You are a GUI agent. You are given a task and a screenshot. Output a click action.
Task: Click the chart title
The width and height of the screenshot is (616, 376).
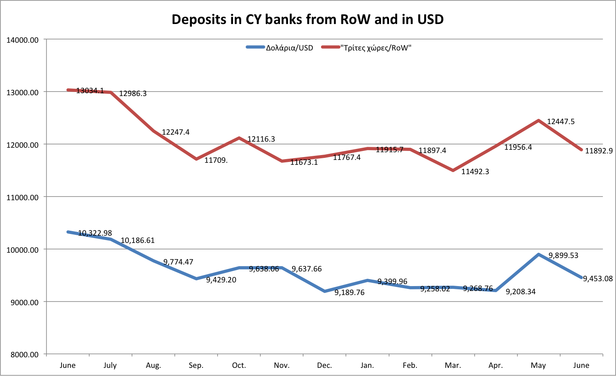[x=308, y=19]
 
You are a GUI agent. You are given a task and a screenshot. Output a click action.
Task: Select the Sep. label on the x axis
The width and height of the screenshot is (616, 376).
[x=196, y=365]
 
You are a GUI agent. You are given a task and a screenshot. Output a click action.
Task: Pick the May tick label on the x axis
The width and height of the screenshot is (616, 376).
[x=538, y=365]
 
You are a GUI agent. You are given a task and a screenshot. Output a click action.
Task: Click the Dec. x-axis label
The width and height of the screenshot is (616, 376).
[x=324, y=365]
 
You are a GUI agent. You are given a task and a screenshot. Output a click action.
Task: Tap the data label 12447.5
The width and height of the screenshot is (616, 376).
[x=561, y=122]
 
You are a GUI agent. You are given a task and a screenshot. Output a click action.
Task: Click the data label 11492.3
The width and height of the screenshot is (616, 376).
[x=475, y=172]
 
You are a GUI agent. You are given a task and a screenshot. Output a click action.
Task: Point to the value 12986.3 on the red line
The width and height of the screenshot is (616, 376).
[x=133, y=94]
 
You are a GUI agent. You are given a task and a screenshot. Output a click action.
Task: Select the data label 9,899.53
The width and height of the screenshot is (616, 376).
[x=563, y=256]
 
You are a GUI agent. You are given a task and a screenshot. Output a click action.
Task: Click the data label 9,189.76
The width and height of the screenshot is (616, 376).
[x=349, y=293]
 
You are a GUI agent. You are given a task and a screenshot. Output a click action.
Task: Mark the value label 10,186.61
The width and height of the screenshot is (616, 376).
[x=138, y=240]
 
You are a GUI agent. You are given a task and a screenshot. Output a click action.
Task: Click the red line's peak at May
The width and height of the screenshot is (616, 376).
[x=539, y=120]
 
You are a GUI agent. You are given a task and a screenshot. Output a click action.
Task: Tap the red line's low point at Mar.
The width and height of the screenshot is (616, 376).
[x=453, y=171]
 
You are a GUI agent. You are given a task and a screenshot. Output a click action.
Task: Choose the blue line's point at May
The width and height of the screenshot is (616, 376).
[x=539, y=255]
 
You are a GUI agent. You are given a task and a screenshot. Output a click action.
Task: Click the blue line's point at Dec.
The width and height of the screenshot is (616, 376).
[x=324, y=291]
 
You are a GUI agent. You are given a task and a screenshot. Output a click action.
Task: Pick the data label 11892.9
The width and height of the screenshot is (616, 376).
[x=599, y=151]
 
